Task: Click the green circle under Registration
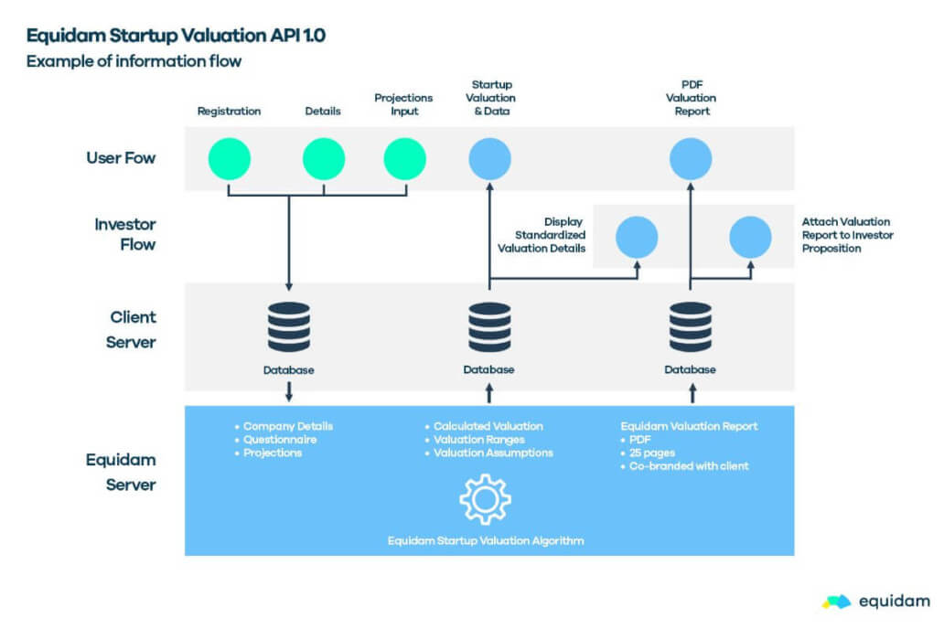229,159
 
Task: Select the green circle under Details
324,159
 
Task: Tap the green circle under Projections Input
405,159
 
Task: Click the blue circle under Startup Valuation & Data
490,159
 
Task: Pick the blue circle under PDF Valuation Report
691,159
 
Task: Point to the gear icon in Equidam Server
485,499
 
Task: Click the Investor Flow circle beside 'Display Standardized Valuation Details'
636,237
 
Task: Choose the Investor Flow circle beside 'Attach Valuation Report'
750,237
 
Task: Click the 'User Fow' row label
121,158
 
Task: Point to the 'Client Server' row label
127,329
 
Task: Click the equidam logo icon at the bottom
836,602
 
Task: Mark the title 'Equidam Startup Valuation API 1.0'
176,37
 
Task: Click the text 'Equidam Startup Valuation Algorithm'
486,540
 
